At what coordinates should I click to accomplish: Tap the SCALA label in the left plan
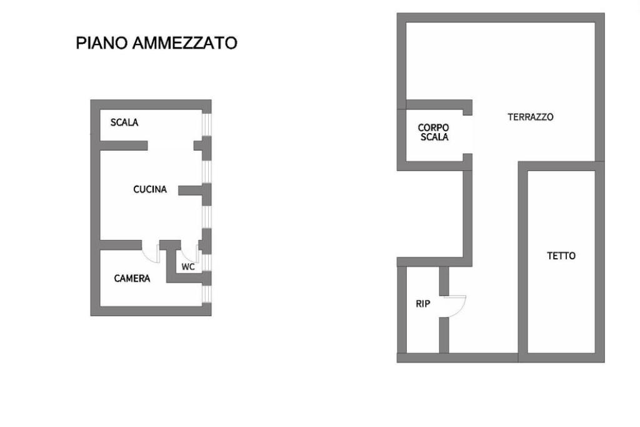point(124,123)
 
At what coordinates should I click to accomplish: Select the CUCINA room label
point(150,189)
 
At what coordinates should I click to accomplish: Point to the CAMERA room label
point(132,278)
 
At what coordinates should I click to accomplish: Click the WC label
point(188,267)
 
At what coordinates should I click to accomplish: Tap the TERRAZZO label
point(530,117)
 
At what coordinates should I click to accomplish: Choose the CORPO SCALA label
point(433,132)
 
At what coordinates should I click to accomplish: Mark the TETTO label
point(561,256)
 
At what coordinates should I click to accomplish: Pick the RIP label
point(423,304)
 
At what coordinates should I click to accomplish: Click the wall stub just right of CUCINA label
point(191,189)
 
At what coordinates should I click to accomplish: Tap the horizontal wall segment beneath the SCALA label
point(123,146)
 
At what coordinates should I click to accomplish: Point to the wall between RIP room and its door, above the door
point(444,280)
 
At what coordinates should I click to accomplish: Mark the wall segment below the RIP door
point(444,334)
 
